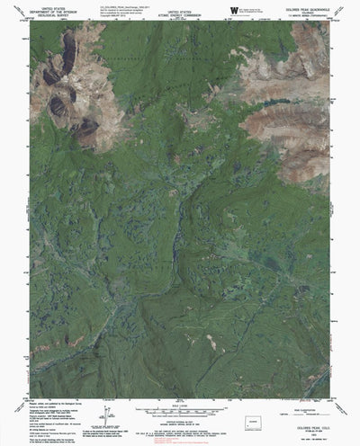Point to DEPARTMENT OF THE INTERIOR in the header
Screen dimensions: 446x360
point(50,14)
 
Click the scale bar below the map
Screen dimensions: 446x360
point(180,406)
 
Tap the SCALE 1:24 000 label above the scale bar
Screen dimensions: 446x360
point(180,401)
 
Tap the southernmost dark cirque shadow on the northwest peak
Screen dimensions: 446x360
point(86,131)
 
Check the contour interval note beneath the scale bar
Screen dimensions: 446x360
point(180,415)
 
